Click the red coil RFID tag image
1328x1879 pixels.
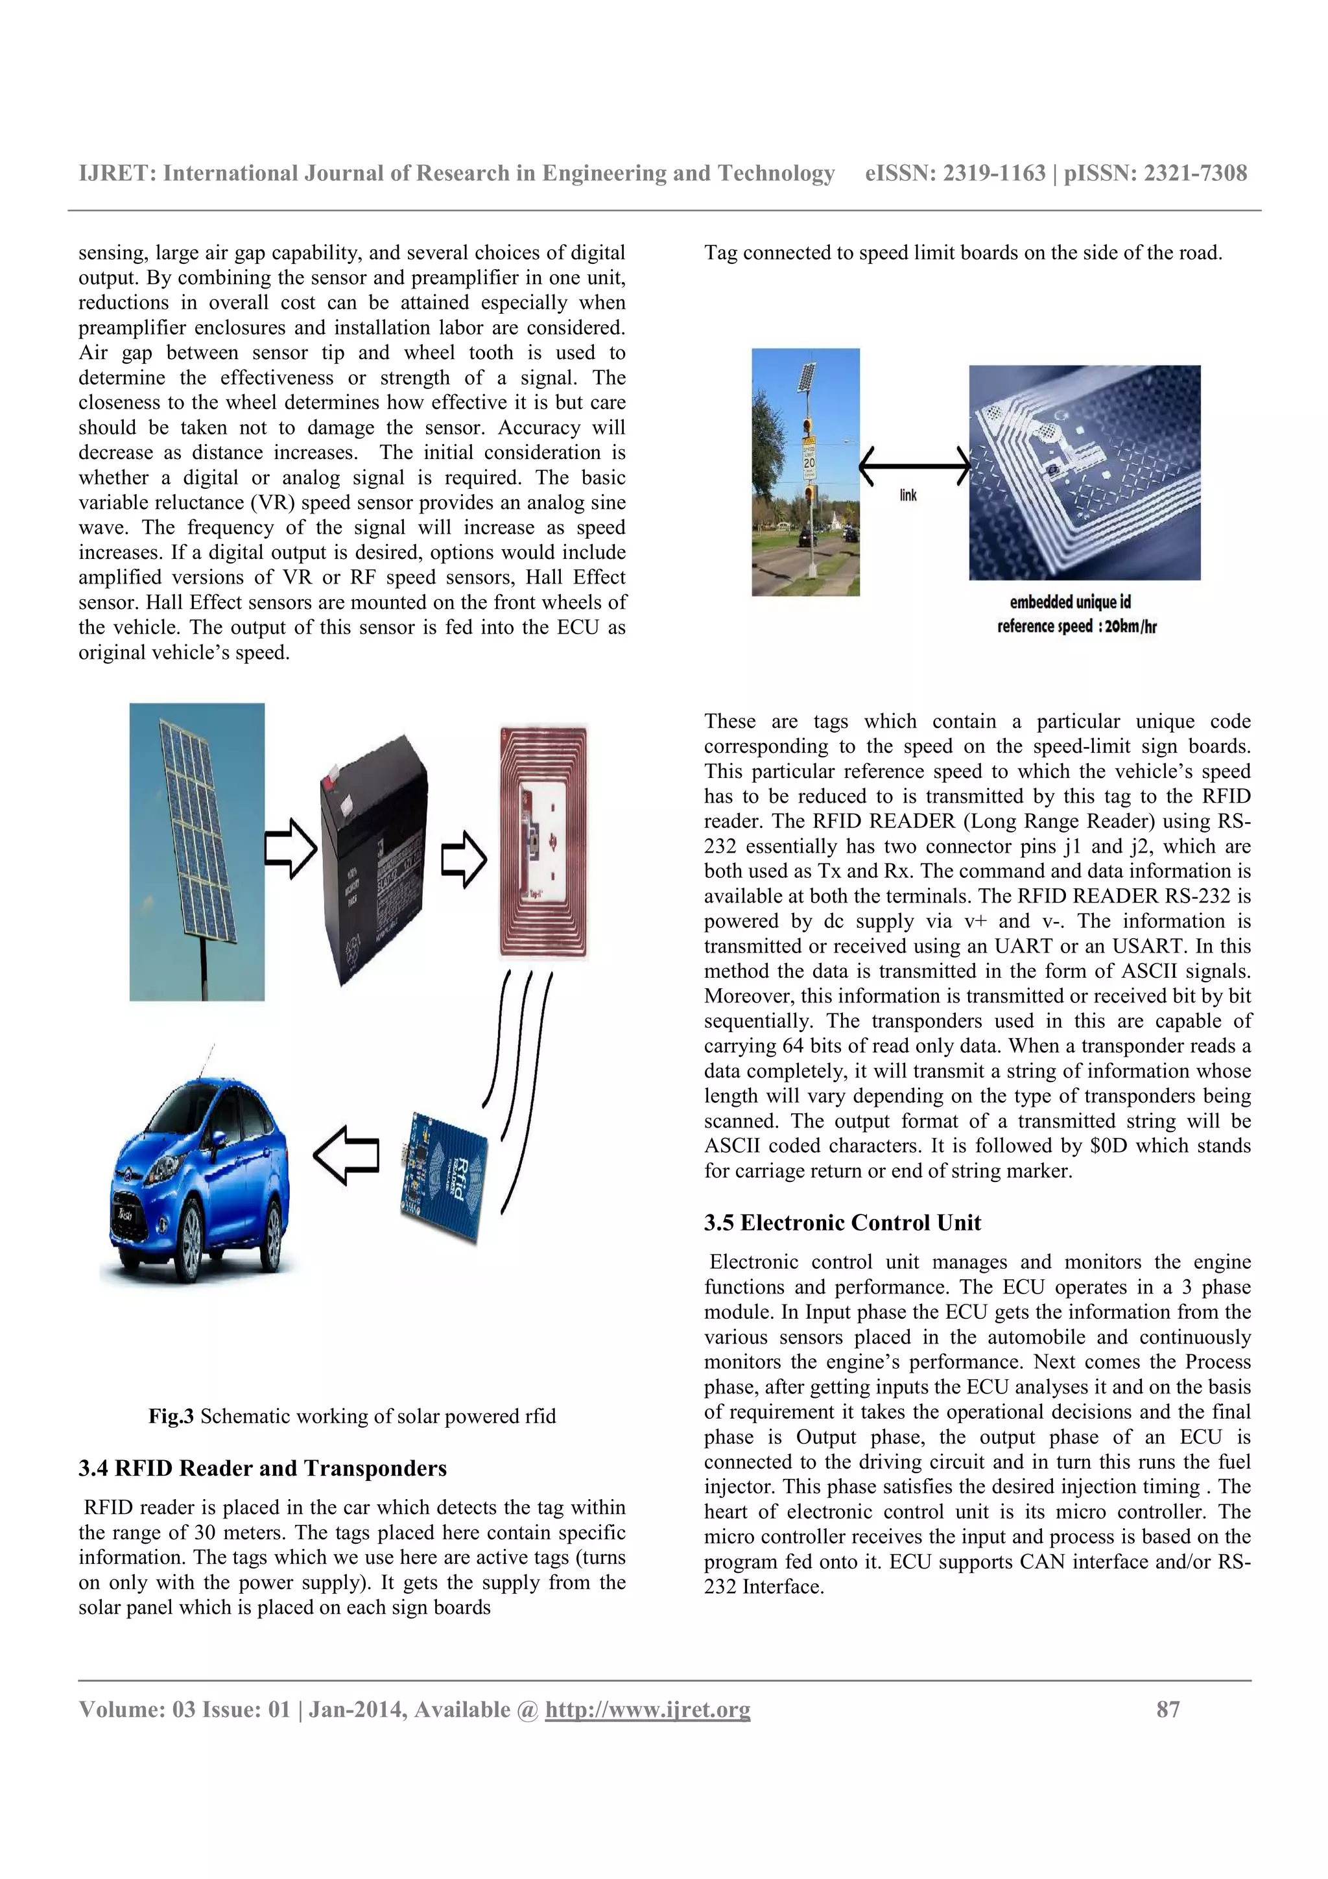[x=544, y=843]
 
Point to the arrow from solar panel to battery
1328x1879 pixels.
[x=290, y=846]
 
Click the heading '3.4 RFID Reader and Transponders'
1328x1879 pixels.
[x=263, y=1468]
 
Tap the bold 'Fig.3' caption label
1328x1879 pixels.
[x=170, y=1417]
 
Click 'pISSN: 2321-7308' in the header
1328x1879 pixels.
[x=1156, y=174]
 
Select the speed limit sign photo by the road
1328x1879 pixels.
[x=805, y=471]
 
